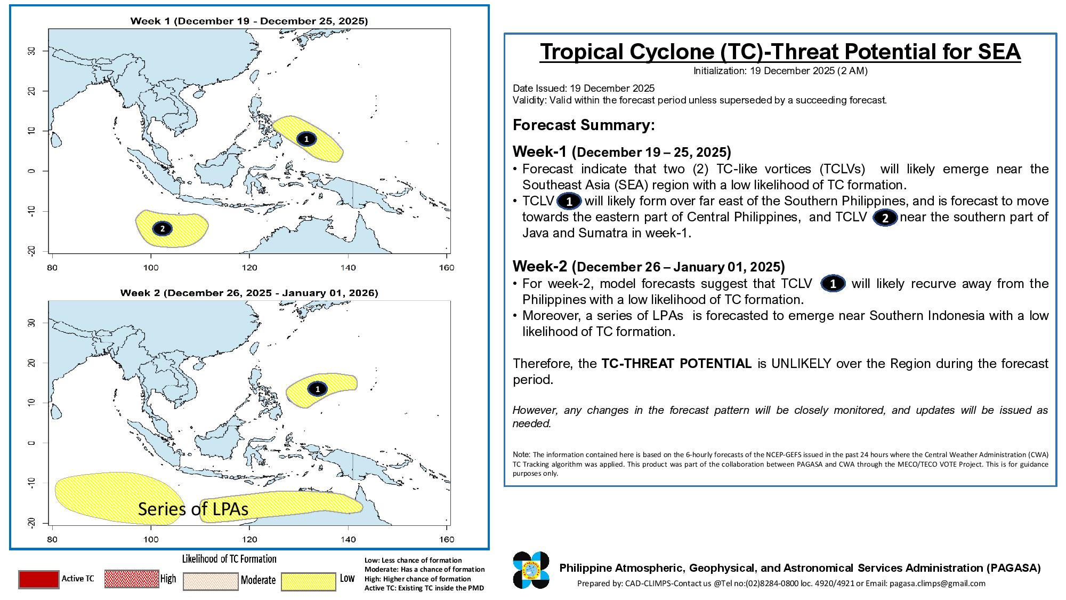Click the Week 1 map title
249,21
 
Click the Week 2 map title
249,293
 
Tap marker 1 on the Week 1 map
306,139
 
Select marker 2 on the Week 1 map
162,229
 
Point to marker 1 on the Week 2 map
318,389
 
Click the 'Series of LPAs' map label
193,509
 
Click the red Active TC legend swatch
38,579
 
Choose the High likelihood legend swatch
132,579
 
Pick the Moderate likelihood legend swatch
211,581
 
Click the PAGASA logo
531,570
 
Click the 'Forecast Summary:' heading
584,125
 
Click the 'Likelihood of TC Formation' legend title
229,559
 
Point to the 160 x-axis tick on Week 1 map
447,267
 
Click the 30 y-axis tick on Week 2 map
31,323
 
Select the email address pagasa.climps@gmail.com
938,583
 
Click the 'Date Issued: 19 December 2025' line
584,89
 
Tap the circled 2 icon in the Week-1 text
885,218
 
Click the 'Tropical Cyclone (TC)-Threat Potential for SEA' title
780,52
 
